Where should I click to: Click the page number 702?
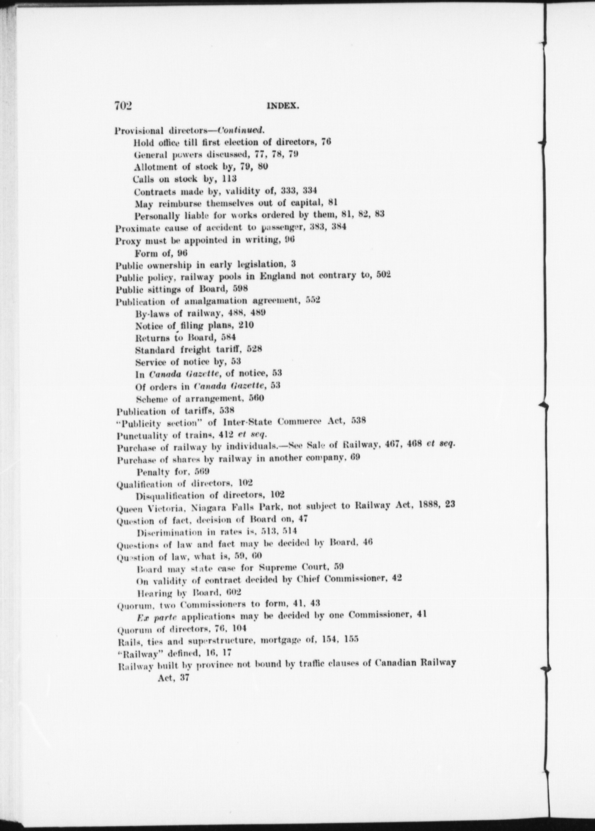pyautogui.click(x=123, y=105)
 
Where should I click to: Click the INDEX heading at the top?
pyautogui.click(x=283, y=106)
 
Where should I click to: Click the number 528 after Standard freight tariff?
pyautogui.click(x=254, y=349)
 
